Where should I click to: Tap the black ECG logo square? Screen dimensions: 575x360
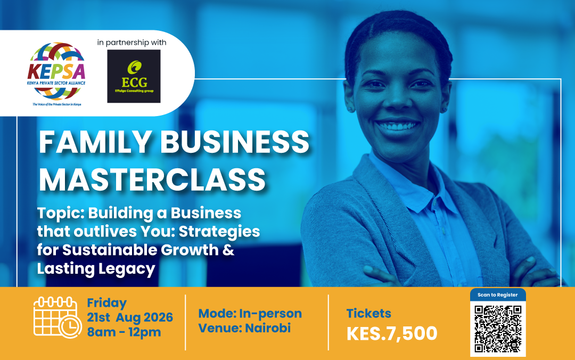point(134,76)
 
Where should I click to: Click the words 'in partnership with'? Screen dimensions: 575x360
point(132,43)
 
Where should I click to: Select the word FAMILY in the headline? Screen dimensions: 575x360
point(95,142)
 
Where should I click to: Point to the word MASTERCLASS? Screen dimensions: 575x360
point(152,179)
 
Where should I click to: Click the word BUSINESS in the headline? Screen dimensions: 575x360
point(235,142)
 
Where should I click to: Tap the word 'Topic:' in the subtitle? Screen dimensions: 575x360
point(60,214)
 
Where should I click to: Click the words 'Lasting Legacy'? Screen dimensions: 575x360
point(96,268)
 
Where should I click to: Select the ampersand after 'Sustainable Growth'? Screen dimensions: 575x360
point(228,250)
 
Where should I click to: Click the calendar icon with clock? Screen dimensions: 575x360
point(57,317)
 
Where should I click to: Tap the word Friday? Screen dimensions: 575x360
point(106,303)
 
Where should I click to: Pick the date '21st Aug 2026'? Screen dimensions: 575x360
point(130,317)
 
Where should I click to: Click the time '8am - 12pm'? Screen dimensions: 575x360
point(124,332)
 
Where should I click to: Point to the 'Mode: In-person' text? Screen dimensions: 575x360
point(250,313)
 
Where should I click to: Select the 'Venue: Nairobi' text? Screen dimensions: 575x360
point(244,328)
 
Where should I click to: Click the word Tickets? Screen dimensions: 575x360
point(369,313)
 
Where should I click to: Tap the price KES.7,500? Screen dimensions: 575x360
point(392,333)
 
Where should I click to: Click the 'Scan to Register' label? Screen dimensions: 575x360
point(498,295)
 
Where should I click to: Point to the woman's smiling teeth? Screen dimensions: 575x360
point(398,126)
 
